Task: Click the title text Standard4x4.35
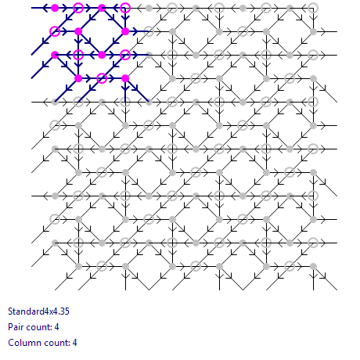pos(38,311)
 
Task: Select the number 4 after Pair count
pos(57,327)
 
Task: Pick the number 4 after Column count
pos(75,343)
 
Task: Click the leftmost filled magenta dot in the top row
pos(55,8)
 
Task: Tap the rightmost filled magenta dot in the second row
pos(125,31)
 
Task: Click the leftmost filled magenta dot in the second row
pos(78,31)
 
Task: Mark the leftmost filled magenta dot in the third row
pos(55,55)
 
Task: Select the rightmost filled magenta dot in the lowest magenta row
pos(125,78)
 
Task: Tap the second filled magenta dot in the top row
pos(102,8)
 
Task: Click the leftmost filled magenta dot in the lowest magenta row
pos(78,78)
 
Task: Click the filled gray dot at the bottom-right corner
pos(313,266)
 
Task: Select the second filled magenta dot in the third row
pos(102,55)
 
